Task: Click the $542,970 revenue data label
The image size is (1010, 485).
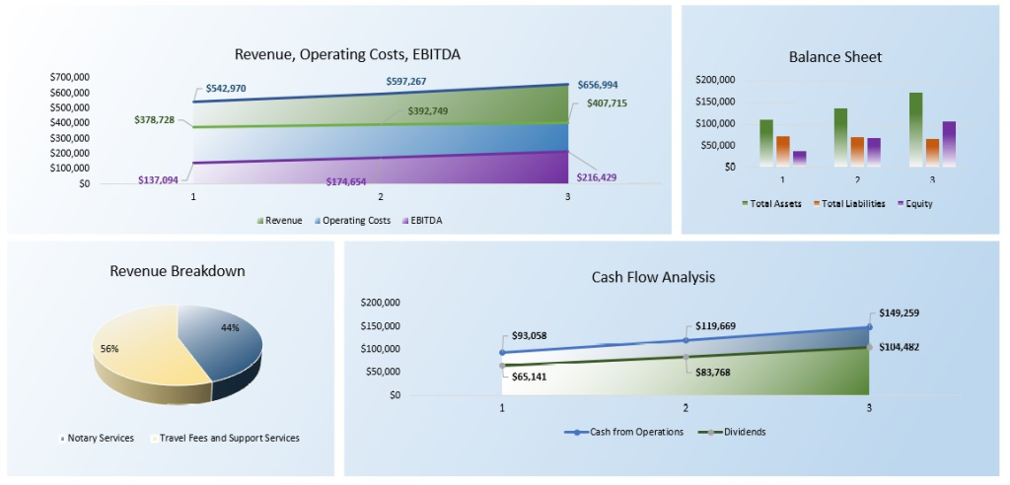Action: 226,89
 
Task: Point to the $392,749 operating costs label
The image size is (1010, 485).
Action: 428,111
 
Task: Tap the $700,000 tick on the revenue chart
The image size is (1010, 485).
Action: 69,77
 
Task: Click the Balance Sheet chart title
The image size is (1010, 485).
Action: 834,57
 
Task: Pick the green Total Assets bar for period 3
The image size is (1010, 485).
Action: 915,128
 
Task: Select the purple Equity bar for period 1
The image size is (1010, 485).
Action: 799,158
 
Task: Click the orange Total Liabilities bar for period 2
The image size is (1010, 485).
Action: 857,151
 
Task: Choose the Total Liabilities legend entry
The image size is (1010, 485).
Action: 849,204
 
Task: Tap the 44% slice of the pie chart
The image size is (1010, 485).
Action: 222,340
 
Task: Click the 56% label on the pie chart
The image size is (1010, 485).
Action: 108,349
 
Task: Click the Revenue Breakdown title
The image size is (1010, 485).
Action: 178,271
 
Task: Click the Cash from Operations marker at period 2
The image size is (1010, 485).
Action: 685,340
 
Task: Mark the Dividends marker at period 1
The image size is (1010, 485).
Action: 503,366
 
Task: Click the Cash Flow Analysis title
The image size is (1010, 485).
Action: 653,278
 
